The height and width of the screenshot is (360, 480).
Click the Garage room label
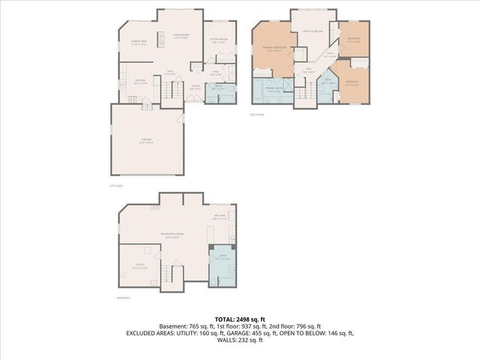147,141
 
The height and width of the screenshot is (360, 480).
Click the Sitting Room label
219,40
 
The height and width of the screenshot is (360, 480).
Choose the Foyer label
195,86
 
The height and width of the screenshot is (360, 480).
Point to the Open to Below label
313,31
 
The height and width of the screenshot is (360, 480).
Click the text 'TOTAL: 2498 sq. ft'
240,319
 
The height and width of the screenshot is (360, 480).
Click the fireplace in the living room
160,39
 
